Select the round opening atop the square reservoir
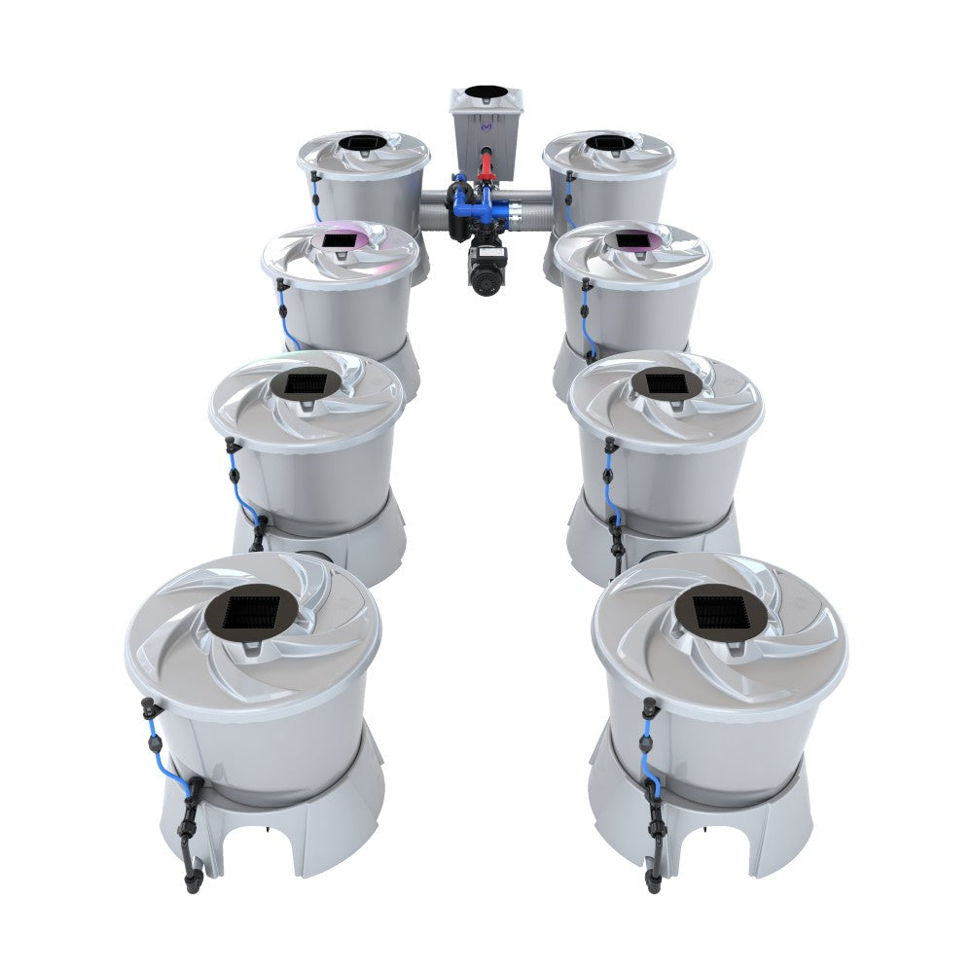[486, 92]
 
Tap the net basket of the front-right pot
[721, 612]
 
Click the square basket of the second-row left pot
[306, 385]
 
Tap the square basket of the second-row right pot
[667, 384]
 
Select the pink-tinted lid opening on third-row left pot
[339, 239]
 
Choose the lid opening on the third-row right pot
[632, 239]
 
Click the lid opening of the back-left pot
[362, 144]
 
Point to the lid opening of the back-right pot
[610, 144]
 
